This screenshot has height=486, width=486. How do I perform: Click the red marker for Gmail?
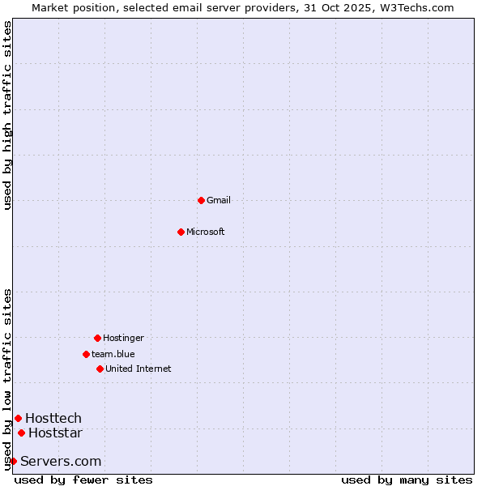pos(201,200)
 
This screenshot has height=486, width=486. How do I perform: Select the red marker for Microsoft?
pos(181,232)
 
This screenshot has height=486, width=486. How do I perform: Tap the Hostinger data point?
pos(97,338)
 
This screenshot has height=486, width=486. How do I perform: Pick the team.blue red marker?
pos(86,354)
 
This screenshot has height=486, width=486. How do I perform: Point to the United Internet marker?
pos(100,369)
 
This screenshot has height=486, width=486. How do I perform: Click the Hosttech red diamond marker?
pos(18,418)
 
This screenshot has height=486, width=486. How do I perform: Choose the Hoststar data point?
pos(21,433)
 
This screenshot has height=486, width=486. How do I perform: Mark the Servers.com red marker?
pos(13,461)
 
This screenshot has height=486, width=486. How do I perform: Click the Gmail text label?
pos(219,200)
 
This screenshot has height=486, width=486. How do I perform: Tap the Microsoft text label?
pos(206,232)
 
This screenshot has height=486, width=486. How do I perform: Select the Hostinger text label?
pos(123,338)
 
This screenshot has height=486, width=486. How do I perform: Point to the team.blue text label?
pos(113,354)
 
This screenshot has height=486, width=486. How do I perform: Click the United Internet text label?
pos(139,369)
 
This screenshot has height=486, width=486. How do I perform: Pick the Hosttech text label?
pos(53,418)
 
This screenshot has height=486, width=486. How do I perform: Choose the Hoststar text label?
pos(55,433)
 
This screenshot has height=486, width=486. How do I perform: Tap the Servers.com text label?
pos(61,461)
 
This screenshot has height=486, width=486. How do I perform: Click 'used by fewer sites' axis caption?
pos(83,480)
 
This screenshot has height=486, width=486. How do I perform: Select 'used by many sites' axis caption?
pos(407,480)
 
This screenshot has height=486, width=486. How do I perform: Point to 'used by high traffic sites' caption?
pos(8,115)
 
